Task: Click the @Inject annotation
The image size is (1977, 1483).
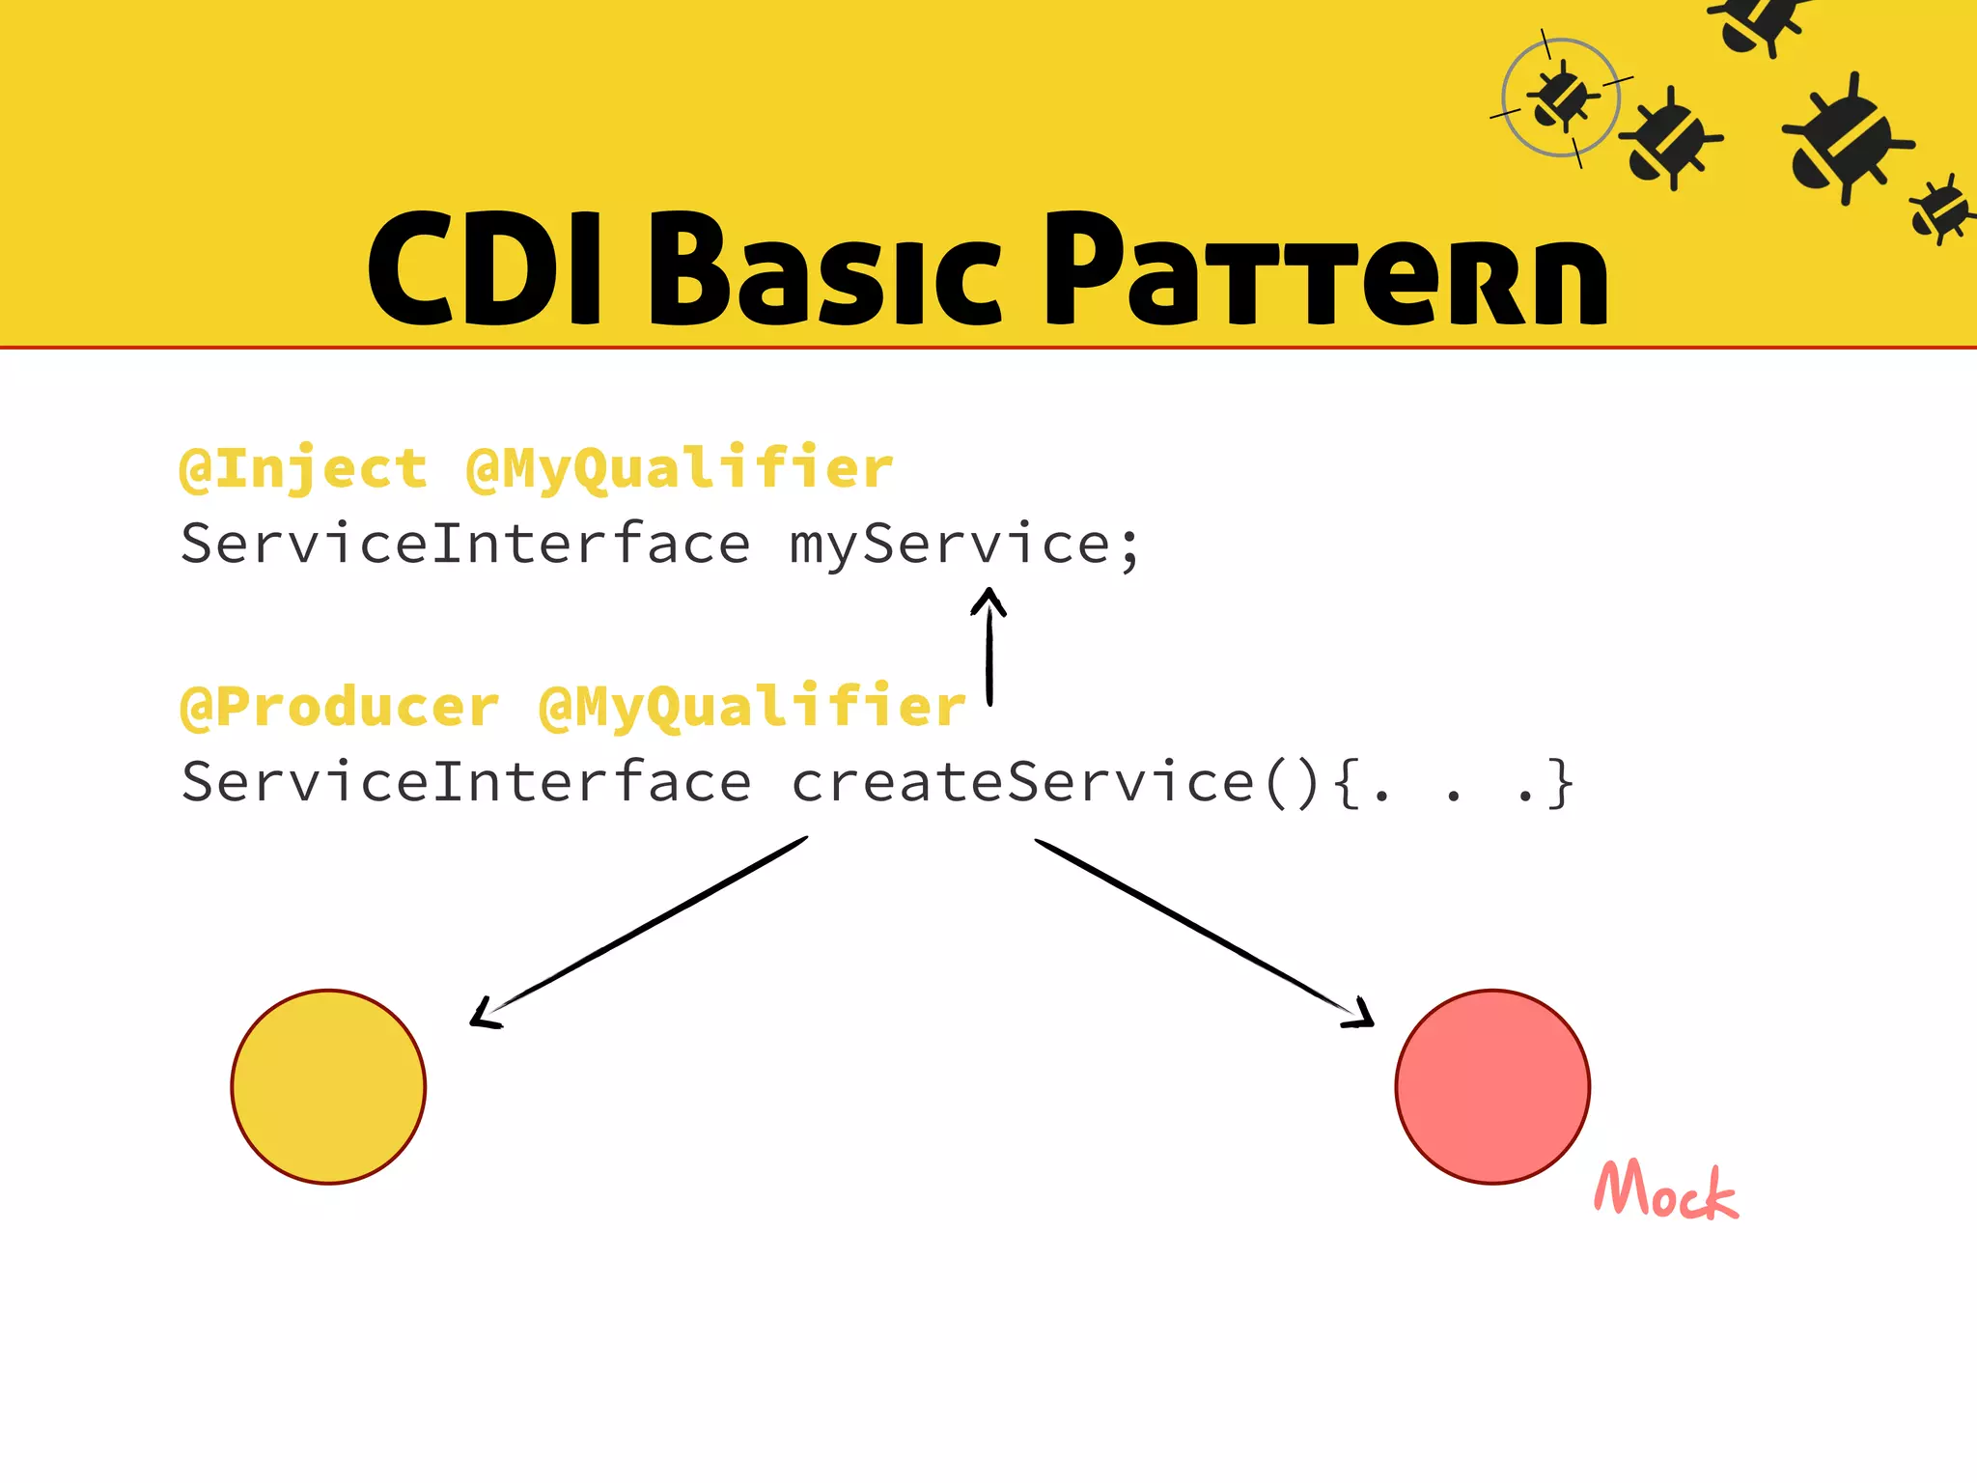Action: [303, 469]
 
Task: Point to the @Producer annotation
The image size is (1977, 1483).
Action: [340, 707]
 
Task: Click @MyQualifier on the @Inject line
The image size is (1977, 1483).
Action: [680, 469]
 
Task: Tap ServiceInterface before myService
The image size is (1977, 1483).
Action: [465, 544]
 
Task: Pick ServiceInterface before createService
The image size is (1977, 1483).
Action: [465, 781]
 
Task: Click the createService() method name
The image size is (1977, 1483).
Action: [1054, 781]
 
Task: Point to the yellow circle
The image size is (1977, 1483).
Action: [328, 1086]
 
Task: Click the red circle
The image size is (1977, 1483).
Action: [1492, 1086]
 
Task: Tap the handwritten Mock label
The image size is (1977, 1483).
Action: [1665, 1190]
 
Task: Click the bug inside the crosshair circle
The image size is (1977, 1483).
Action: [1561, 97]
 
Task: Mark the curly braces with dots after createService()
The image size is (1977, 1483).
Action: [1454, 783]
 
